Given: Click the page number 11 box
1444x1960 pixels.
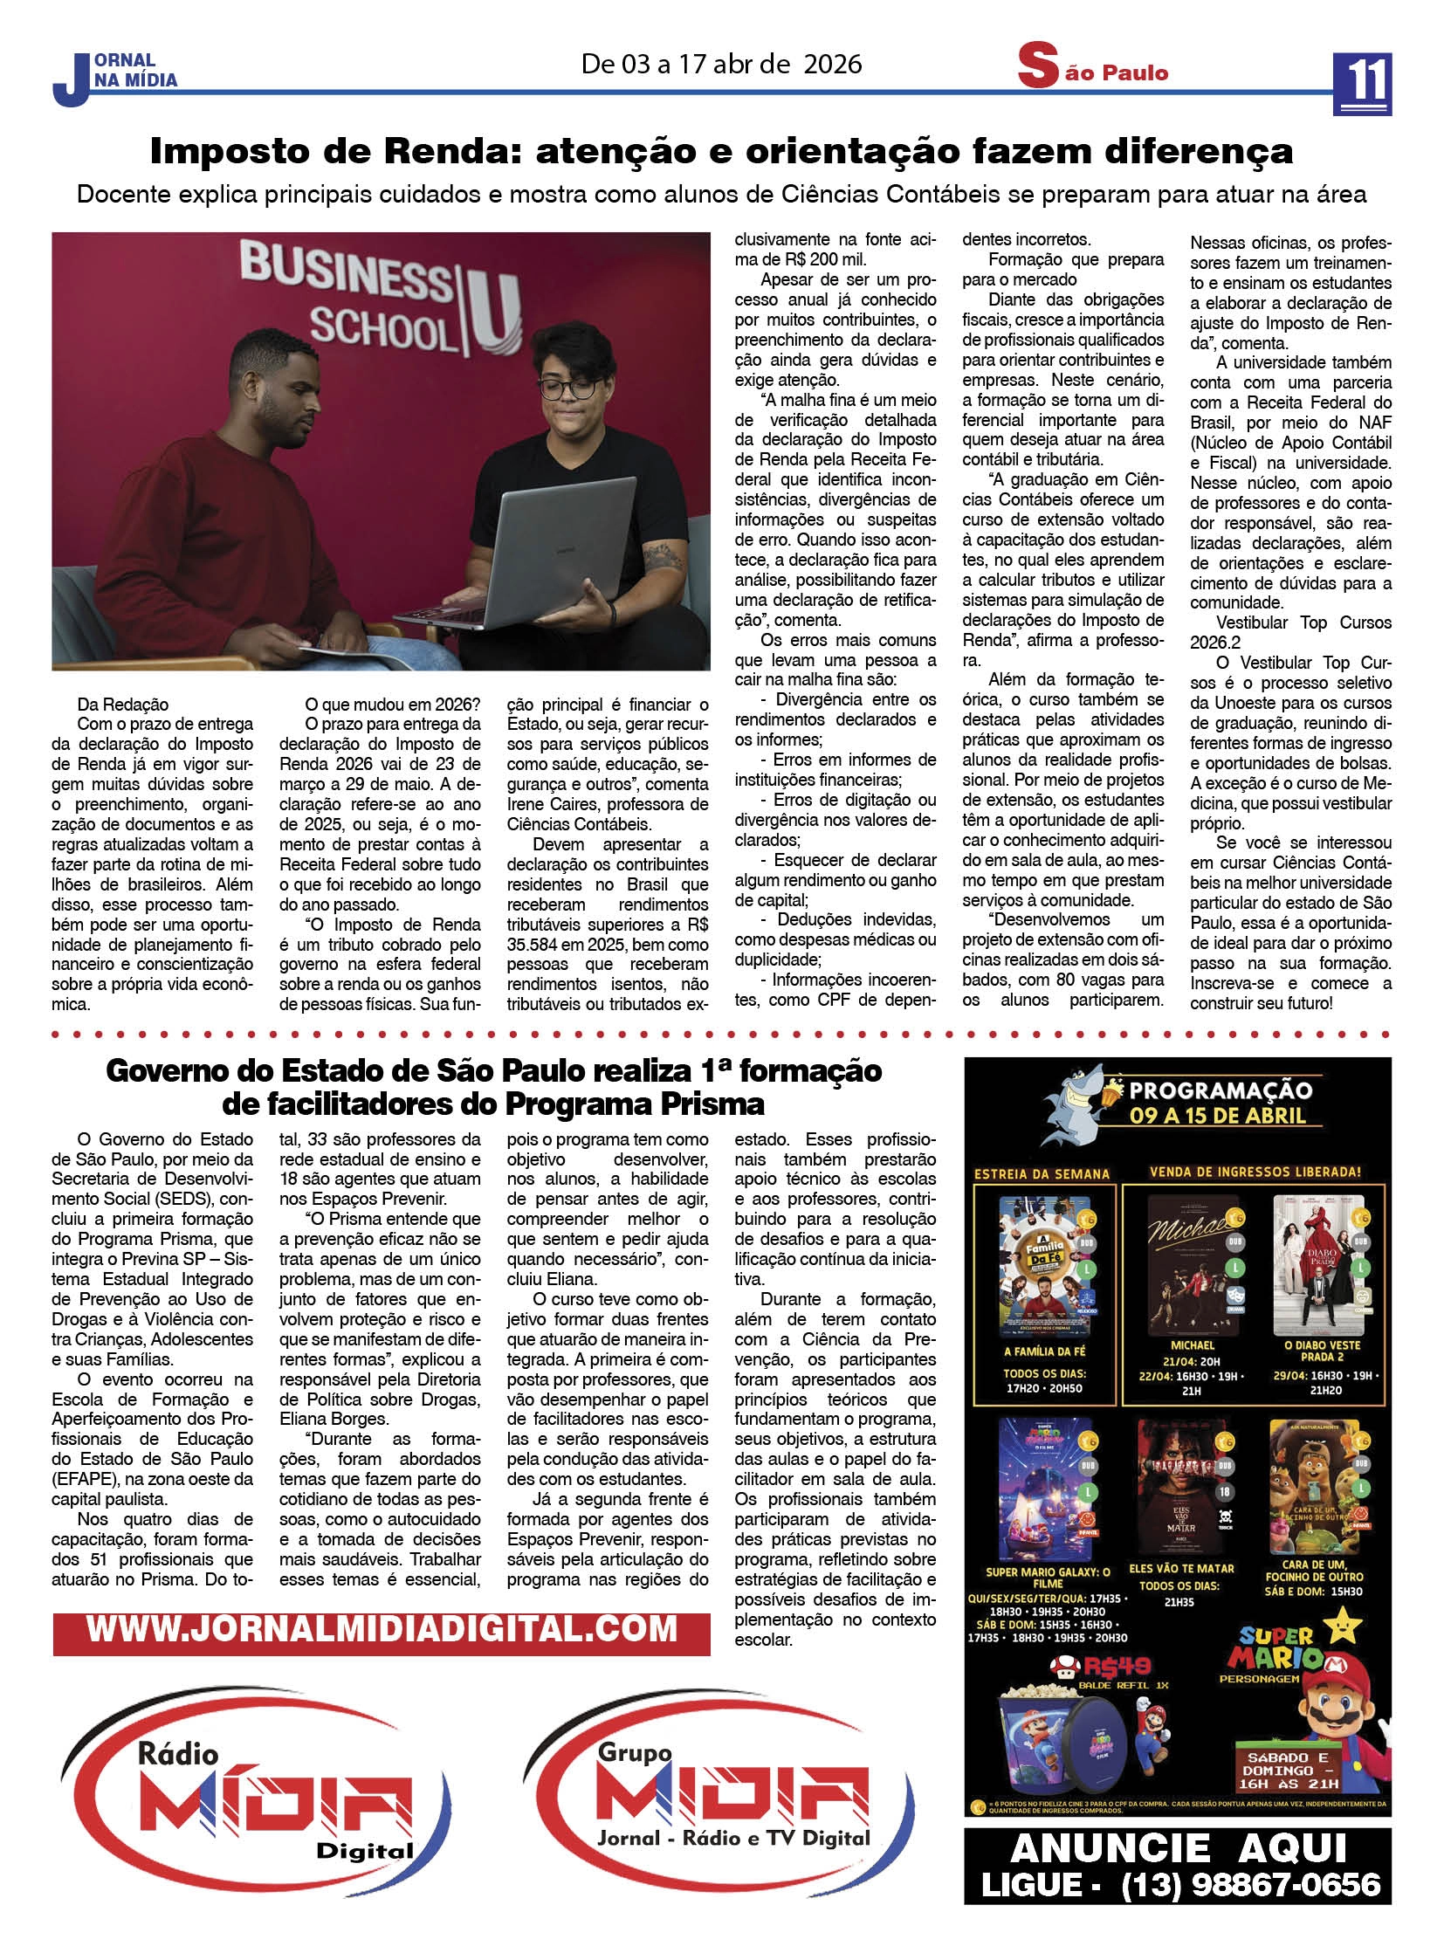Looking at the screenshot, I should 1362,83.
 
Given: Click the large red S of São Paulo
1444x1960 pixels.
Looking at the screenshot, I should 1037,68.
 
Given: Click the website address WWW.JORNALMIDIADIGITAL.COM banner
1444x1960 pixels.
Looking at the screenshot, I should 382,1628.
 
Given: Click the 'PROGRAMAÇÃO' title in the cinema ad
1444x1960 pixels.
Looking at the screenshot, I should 1221,1090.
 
